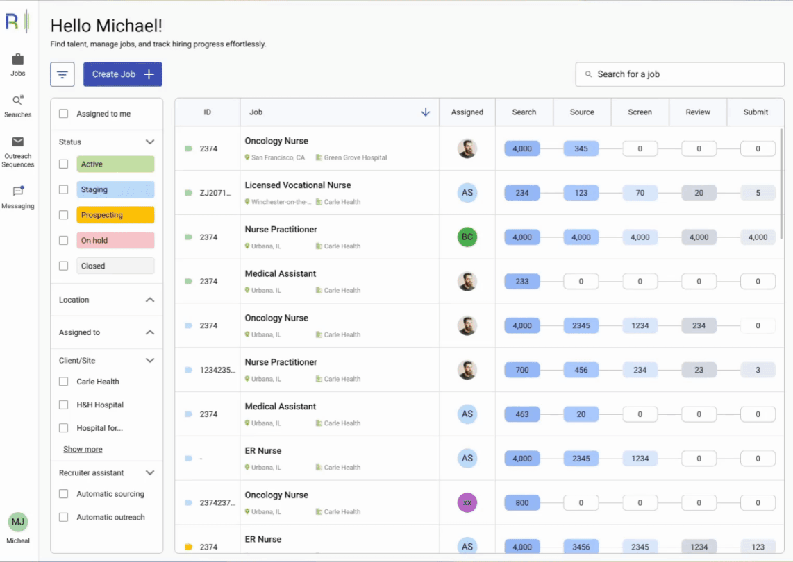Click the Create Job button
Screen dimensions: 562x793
[122, 74]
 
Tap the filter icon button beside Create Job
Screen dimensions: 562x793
[62, 74]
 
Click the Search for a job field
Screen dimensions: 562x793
[679, 74]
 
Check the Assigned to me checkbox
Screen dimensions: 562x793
[64, 114]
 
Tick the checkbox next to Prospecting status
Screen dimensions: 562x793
[64, 215]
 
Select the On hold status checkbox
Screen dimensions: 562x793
[64, 241]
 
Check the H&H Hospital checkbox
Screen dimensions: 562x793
[64, 405]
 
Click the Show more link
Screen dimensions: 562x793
[83, 449]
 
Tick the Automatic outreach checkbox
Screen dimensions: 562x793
[64, 517]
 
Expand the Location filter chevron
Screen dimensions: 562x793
[149, 300]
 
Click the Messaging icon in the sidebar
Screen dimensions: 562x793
[18, 192]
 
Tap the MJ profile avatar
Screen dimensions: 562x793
[18, 522]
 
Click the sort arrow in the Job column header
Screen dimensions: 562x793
[426, 112]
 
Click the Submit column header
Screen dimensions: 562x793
[756, 112]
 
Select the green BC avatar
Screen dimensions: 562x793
[467, 237]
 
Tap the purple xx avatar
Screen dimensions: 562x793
[467, 503]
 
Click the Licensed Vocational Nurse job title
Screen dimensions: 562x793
[297, 185]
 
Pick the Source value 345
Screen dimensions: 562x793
[581, 148]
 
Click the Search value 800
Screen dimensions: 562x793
[522, 503]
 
